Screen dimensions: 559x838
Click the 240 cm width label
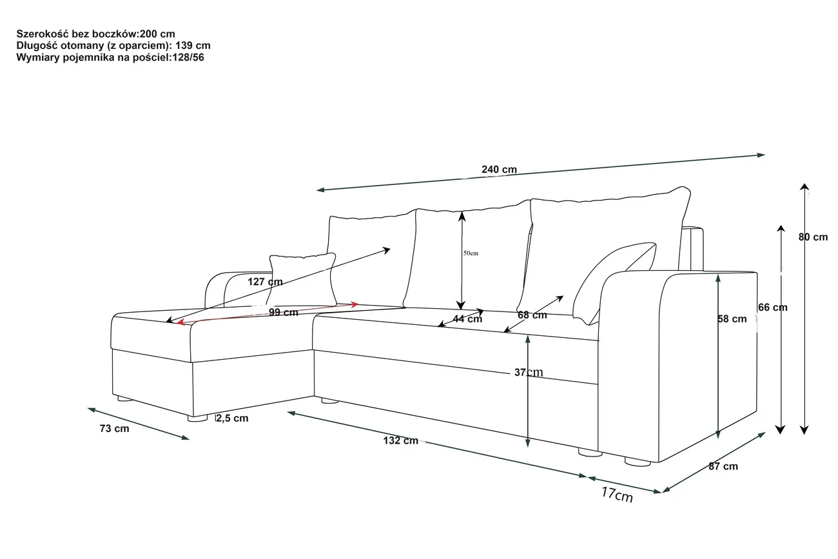click(x=499, y=170)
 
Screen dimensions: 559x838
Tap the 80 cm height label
click(x=813, y=237)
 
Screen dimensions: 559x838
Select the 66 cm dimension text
click(x=772, y=308)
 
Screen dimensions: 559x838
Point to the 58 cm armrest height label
click(x=732, y=319)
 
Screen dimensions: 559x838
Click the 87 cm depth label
click(x=723, y=466)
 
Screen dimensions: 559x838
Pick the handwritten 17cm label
click(x=617, y=495)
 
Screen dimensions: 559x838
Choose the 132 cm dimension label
click(x=400, y=441)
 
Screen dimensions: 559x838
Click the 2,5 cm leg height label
click(x=231, y=418)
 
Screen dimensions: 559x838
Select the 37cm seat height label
click(x=529, y=372)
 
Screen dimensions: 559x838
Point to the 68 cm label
click(x=532, y=315)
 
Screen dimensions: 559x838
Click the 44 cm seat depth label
click(x=467, y=319)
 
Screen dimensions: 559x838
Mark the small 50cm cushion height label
click(x=471, y=253)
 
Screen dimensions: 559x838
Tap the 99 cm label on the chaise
click(x=283, y=313)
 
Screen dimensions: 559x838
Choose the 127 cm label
click(x=265, y=282)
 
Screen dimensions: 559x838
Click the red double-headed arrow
click(x=268, y=312)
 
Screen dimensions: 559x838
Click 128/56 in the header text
click(x=187, y=57)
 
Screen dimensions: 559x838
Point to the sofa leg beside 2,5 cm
click(x=199, y=418)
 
